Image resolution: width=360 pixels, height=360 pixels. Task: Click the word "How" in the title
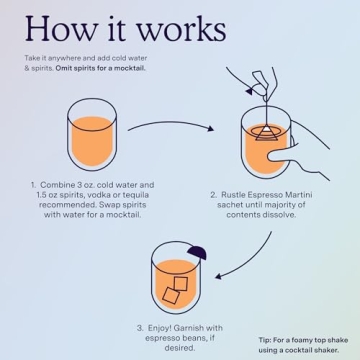point(59,29)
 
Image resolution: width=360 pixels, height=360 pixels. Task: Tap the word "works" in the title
point(182,29)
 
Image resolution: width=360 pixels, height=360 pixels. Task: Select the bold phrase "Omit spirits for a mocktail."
point(101,70)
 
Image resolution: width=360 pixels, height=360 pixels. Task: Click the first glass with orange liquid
point(92,135)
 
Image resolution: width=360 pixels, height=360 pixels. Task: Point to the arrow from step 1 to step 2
point(171,123)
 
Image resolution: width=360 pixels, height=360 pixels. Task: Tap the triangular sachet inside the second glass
point(266,133)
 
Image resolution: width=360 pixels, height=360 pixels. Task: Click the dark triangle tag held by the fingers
point(250,91)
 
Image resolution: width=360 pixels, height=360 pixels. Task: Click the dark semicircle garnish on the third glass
point(197,253)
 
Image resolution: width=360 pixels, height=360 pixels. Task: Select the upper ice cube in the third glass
point(181,283)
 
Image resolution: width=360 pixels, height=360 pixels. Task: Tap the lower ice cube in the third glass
point(171,295)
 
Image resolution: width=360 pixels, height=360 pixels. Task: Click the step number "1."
point(33,185)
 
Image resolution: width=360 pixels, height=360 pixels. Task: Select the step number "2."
point(213,194)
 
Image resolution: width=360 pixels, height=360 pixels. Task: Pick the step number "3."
point(140,328)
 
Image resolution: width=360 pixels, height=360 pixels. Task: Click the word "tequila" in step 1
point(137,195)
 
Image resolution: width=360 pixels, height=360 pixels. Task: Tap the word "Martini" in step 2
point(300,194)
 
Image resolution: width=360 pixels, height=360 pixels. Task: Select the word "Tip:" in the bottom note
point(265,340)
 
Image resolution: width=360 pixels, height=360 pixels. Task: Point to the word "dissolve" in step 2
point(281,215)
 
